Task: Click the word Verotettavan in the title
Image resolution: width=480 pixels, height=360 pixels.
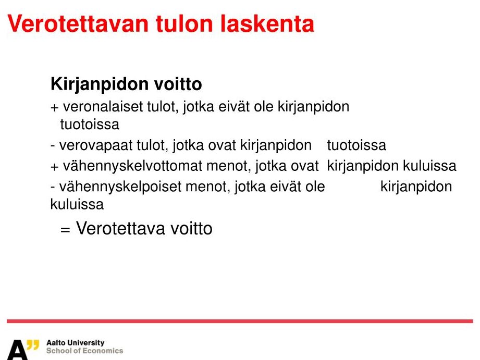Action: [x=78, y=24]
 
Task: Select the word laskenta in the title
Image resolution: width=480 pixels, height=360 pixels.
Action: [x=267, y=24]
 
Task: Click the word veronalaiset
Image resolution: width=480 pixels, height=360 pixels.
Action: [x=103, y=106]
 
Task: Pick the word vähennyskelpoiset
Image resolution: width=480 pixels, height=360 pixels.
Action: [x=120, y=187]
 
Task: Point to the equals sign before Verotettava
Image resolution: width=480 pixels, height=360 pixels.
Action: [x=65, y=230]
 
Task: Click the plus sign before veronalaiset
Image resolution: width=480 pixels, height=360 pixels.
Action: [x=55, y=107]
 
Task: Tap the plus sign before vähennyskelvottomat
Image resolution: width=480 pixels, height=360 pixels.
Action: [x=55, y=167]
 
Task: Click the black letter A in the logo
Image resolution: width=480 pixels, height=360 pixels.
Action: [x=17, y=350]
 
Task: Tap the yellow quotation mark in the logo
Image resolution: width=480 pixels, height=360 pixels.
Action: [x=33, y=345]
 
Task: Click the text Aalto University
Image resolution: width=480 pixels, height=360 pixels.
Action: [x=75, y=343]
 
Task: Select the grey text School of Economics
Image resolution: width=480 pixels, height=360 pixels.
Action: [x=85, y=351]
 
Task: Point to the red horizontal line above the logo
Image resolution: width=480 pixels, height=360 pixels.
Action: [x=240, y=321]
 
